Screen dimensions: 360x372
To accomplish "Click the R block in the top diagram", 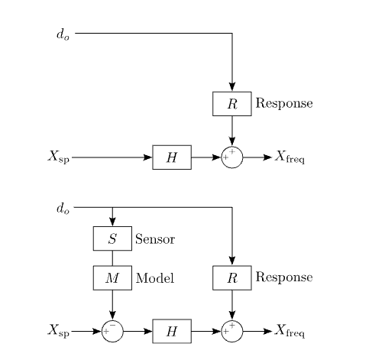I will [x=231, y=103].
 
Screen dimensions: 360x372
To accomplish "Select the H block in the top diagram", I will [x=172, y=157].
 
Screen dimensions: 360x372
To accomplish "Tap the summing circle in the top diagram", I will [x=231, y=157].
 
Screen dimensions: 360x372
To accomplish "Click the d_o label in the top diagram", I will [x=63, y=34].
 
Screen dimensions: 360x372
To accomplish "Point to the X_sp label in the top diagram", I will [x=58, y=158].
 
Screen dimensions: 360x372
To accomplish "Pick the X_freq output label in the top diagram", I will [x=290, y=158].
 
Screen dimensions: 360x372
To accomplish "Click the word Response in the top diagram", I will [x=283, y=103].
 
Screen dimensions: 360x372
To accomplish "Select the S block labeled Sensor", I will [x=112, y=238].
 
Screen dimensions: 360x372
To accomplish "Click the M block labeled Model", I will [x=112, y=277].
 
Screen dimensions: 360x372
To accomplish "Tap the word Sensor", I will [x=155, y=238].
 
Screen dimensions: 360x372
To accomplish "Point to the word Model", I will [x=155, y=277].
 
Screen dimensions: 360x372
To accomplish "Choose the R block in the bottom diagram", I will [x=231, y=277].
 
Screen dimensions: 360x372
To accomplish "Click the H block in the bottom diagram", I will [x=172, y=331].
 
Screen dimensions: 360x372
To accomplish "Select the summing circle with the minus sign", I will [x=112, y=331].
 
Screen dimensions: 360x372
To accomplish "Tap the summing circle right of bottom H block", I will [x=231, y=331].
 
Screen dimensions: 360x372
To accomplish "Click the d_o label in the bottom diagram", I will [x=63, y=208].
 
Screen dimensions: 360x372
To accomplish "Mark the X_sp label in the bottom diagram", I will [x=58, y=332].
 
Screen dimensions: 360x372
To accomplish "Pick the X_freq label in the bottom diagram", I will [x=290, y=332].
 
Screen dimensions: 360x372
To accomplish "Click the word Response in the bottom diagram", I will [x=283, y=277].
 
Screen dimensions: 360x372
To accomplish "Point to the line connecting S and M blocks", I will [x=112, y=258].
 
